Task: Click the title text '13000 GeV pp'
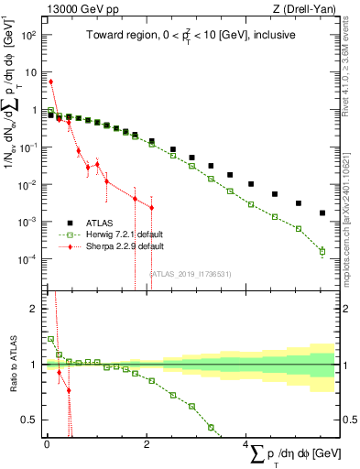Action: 76,9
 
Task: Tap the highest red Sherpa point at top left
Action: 50,82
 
